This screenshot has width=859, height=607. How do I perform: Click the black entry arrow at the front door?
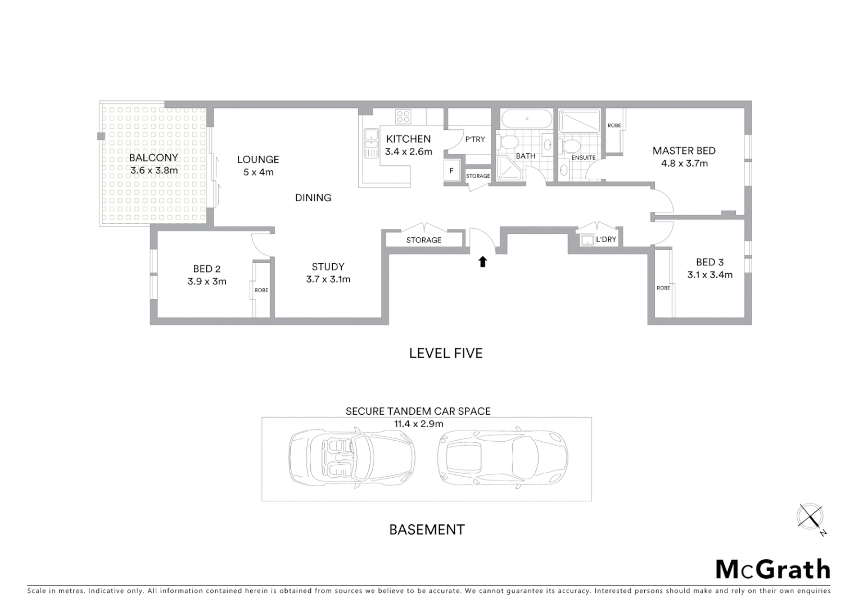[x=482, y=261]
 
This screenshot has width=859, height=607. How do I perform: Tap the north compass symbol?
[x=810, y=516]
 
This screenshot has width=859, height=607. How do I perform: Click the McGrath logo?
[x=772, y=569]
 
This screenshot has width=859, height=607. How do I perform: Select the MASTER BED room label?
[x=684, y=151]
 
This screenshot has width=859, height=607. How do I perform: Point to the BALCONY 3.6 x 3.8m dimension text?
[x=153, y=170]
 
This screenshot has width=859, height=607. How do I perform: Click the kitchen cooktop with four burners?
[x=403, y=116]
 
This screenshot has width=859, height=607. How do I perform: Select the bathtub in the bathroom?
[x=526, y=119]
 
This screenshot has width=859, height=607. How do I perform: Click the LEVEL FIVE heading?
[x=445, y=353]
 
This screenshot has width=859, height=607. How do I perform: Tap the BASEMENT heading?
[x=427, y=529]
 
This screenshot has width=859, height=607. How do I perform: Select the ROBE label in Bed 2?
[x=261, y=290]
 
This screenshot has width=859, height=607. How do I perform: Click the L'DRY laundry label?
[x=605, y=239]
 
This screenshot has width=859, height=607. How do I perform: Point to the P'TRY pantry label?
[x=474, y=139]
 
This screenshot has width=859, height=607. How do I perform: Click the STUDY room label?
[x=328, y=267]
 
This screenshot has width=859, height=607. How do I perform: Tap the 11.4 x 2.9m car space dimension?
[x=418, y=424]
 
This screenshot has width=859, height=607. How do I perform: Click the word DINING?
[x=313, y=197]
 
